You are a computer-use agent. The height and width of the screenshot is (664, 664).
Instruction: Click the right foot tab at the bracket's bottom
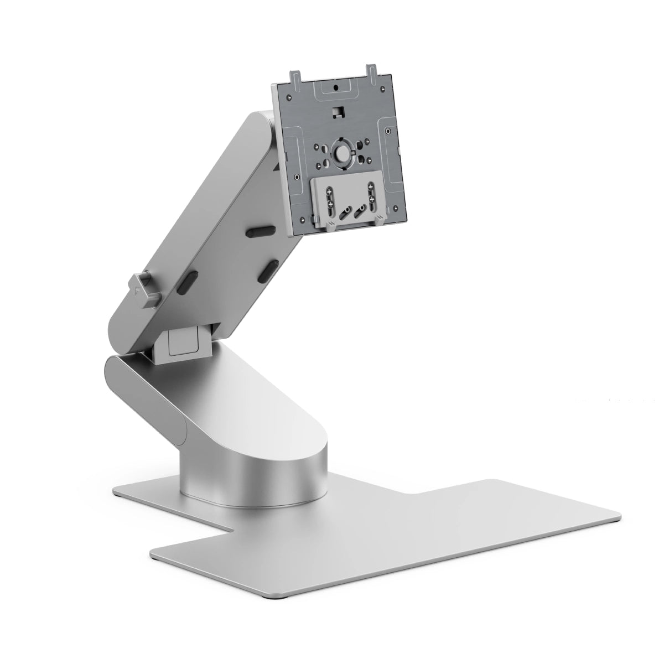click(377, 220)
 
